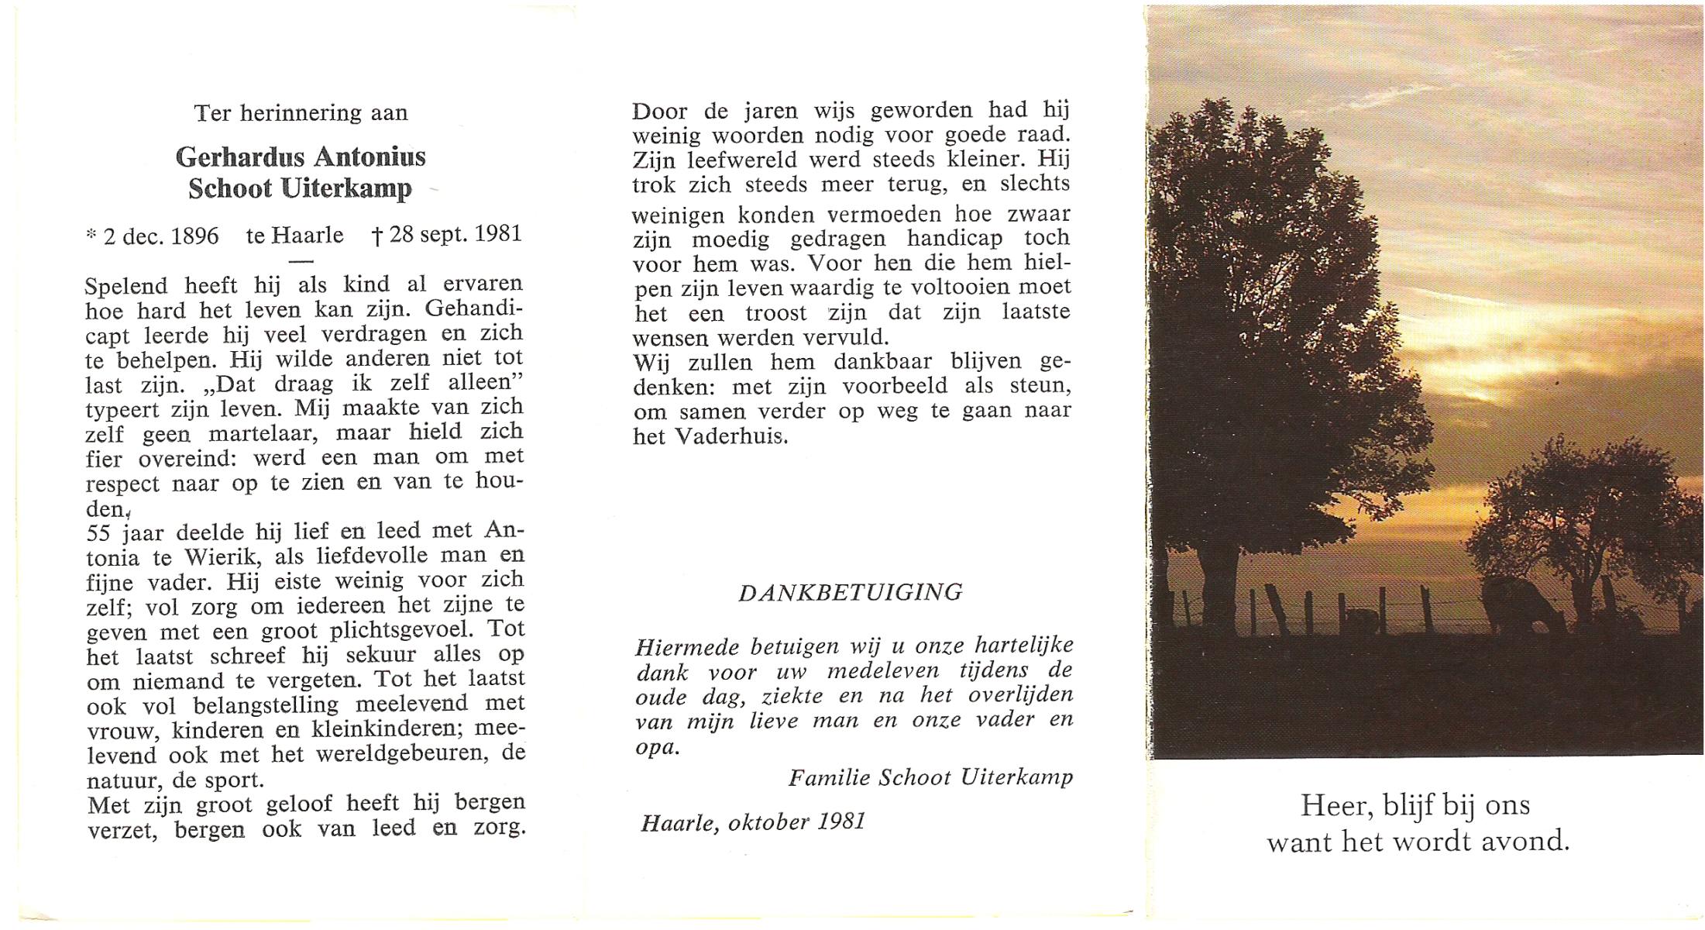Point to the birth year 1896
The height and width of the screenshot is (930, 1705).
(194, 236)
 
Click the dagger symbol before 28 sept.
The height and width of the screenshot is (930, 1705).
(377, 236)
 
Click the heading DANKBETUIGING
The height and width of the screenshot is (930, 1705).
(850, 593)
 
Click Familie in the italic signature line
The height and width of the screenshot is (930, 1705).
(829, 777)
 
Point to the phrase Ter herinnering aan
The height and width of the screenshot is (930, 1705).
(301, 113)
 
